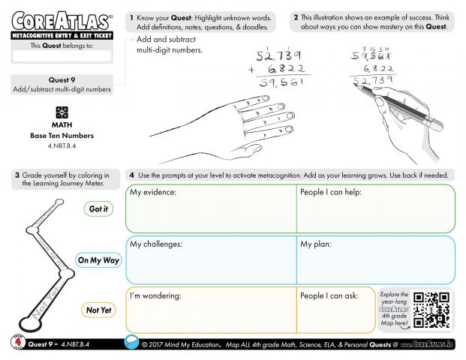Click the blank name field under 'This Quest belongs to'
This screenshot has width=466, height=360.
pos(61,55)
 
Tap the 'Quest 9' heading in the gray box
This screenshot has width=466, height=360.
pos(61,79)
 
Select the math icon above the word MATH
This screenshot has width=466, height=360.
pos(62,111)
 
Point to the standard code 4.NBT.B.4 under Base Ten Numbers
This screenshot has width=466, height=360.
pos(61,145)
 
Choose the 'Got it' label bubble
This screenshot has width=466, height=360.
pos(98,209)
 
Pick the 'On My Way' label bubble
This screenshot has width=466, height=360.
pos(98,260)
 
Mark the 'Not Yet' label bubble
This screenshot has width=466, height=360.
pos(98,310)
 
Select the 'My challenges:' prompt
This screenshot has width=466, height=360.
pos(156,244)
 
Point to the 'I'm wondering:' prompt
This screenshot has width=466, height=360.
pos(156,295)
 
